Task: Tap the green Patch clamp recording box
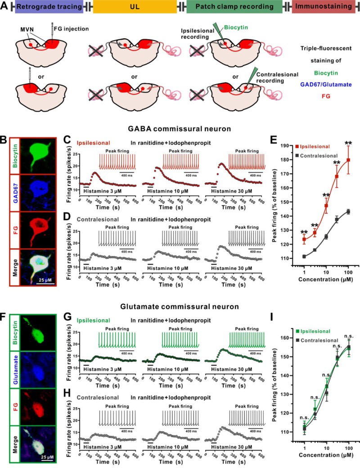[x=236, y=7]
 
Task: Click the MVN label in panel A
[x=25, y=30]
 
